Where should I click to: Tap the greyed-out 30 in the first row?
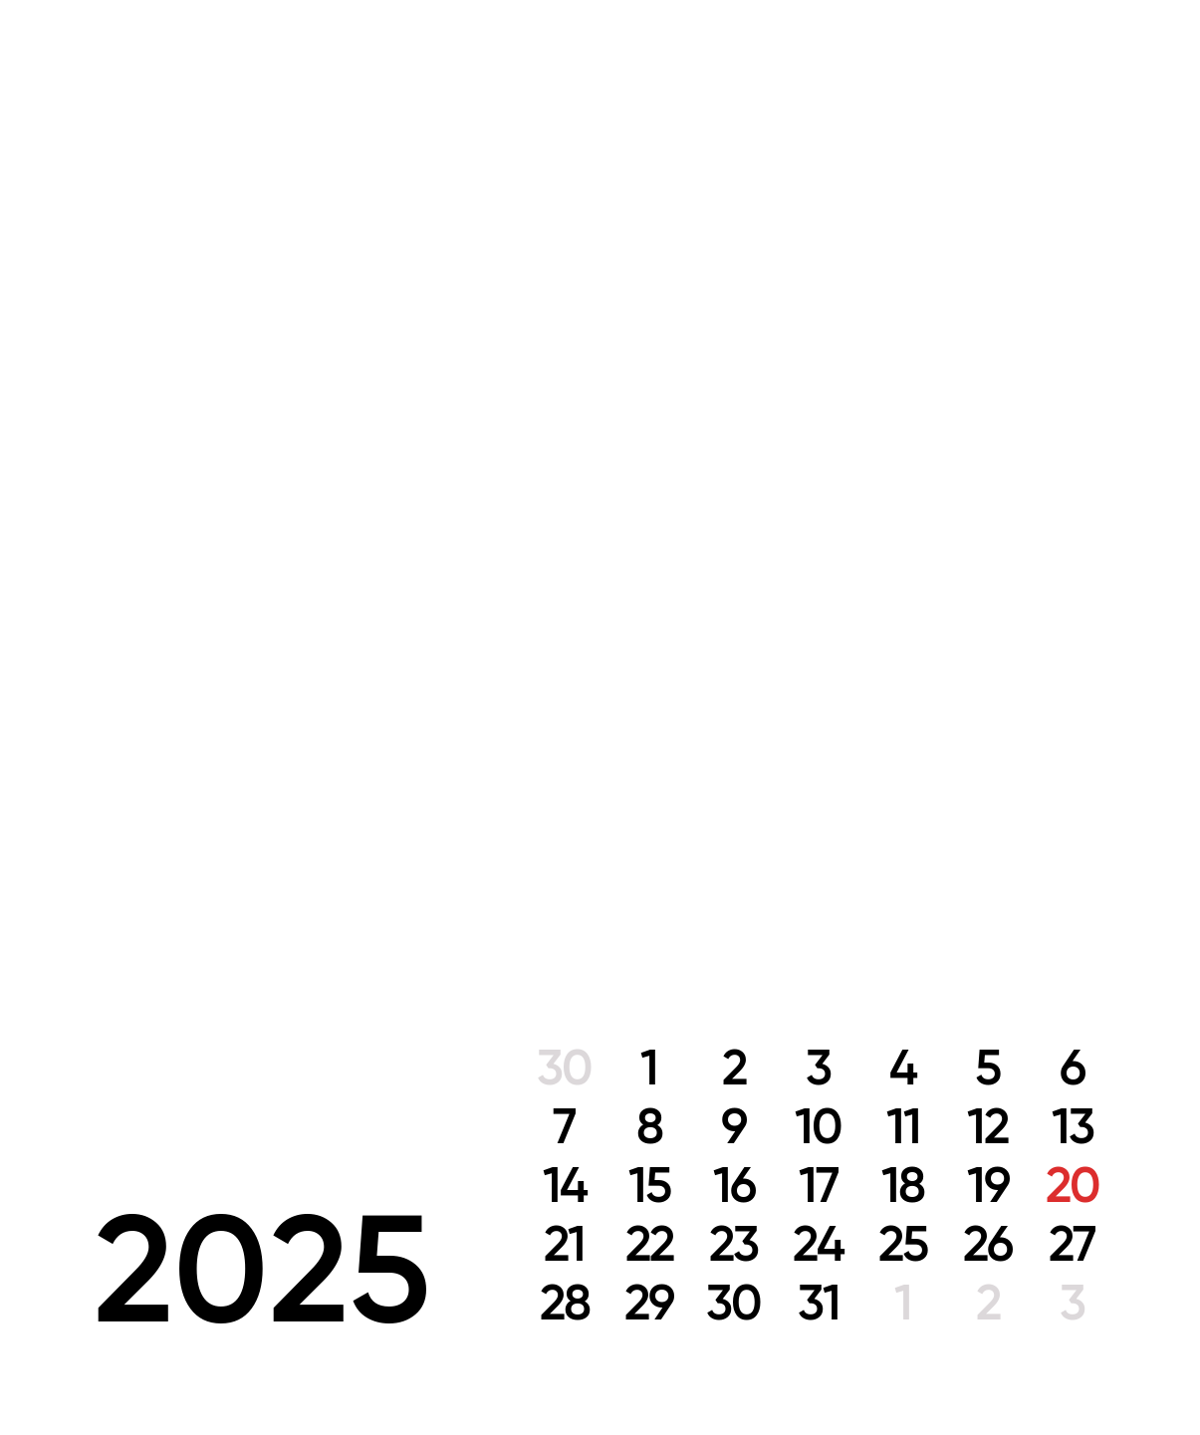pyautogui.click(x=565, y=1067)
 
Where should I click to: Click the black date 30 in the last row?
pyautogui.click(x=734, y=1303)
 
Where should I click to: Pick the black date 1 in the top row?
pyautogui.click(x=649, y=1067)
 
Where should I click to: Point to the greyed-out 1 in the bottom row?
pyautogui.click(x=903, y=1303)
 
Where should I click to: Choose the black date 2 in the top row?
pyautogui.click(x=734, y=1067)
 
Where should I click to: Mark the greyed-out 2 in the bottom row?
pyautogui.click(x=988, y=1303)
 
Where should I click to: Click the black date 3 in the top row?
pyautogui.click(x=819, y=1067)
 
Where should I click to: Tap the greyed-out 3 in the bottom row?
pyautogui.click(x=1073, y=1303)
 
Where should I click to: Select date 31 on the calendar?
pyautogui.click(x=819, y=1303)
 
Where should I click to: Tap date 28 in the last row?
pyautogui.click(x=565, y=1303)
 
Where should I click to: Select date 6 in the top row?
pyautogui.click(x=1073, y=1067)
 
